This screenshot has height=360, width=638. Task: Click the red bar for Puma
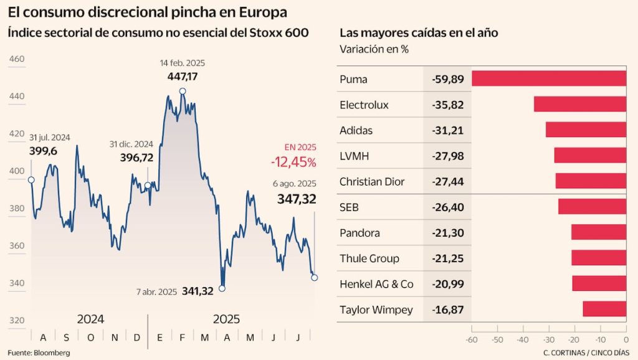[548, 78]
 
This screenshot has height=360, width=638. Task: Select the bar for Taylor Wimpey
[604, 309]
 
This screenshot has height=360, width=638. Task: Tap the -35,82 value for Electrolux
[447, 105]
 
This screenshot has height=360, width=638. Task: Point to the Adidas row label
[357, 130]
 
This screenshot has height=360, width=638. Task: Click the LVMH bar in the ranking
[589, 156]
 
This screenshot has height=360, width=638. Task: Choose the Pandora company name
[360, 233]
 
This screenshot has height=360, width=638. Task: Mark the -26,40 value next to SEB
[447, 207]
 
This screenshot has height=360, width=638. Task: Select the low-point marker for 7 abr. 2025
[222, 288]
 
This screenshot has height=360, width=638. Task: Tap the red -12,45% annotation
[293, 162]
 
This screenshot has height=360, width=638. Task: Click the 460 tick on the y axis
[17, 59]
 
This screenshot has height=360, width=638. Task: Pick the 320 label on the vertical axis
[17, 320]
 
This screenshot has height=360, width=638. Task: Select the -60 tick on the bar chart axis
[472, 340]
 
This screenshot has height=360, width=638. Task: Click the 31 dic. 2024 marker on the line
[148, 185]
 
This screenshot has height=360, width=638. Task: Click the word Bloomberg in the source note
[52, 353]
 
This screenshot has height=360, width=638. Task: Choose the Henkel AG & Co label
[376, 284]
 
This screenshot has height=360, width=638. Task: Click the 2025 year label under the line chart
[226, 320]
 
